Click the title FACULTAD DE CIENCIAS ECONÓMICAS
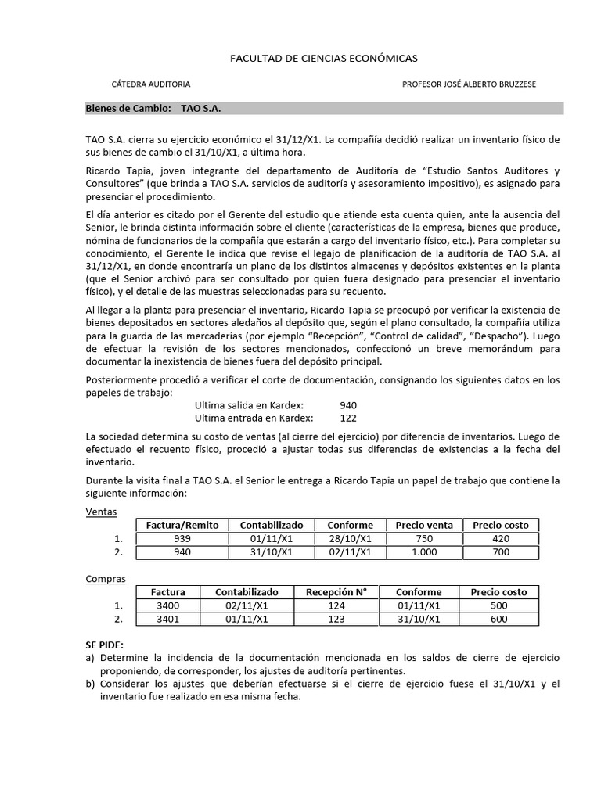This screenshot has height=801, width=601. pos(323,58)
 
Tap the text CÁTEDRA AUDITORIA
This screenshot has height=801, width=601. pos(151,84)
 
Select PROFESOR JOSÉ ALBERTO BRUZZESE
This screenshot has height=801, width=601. pos(470,84)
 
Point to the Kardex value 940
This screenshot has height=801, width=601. pos(349,406)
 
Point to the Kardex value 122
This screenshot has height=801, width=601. pos(349,418)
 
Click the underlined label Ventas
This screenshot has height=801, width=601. pos(101,512)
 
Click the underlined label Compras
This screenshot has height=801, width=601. pos(105,579)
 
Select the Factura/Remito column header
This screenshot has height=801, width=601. pos(182,525)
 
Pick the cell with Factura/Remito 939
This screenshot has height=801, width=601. pos(182,539)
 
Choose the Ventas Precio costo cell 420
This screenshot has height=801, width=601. pos(501,539)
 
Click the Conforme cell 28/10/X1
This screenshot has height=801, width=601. pos(350,539)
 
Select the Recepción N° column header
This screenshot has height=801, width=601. pos(336,592)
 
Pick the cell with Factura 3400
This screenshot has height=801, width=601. pos(167,606)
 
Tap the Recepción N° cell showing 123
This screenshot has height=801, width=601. pos(336,620)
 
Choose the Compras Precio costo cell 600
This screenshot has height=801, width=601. pos(498,620)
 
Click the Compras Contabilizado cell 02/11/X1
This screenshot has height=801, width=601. pos(247,606)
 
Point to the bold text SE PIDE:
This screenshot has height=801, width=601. pos(104,645)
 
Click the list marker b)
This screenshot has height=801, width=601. pos(90,684)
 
